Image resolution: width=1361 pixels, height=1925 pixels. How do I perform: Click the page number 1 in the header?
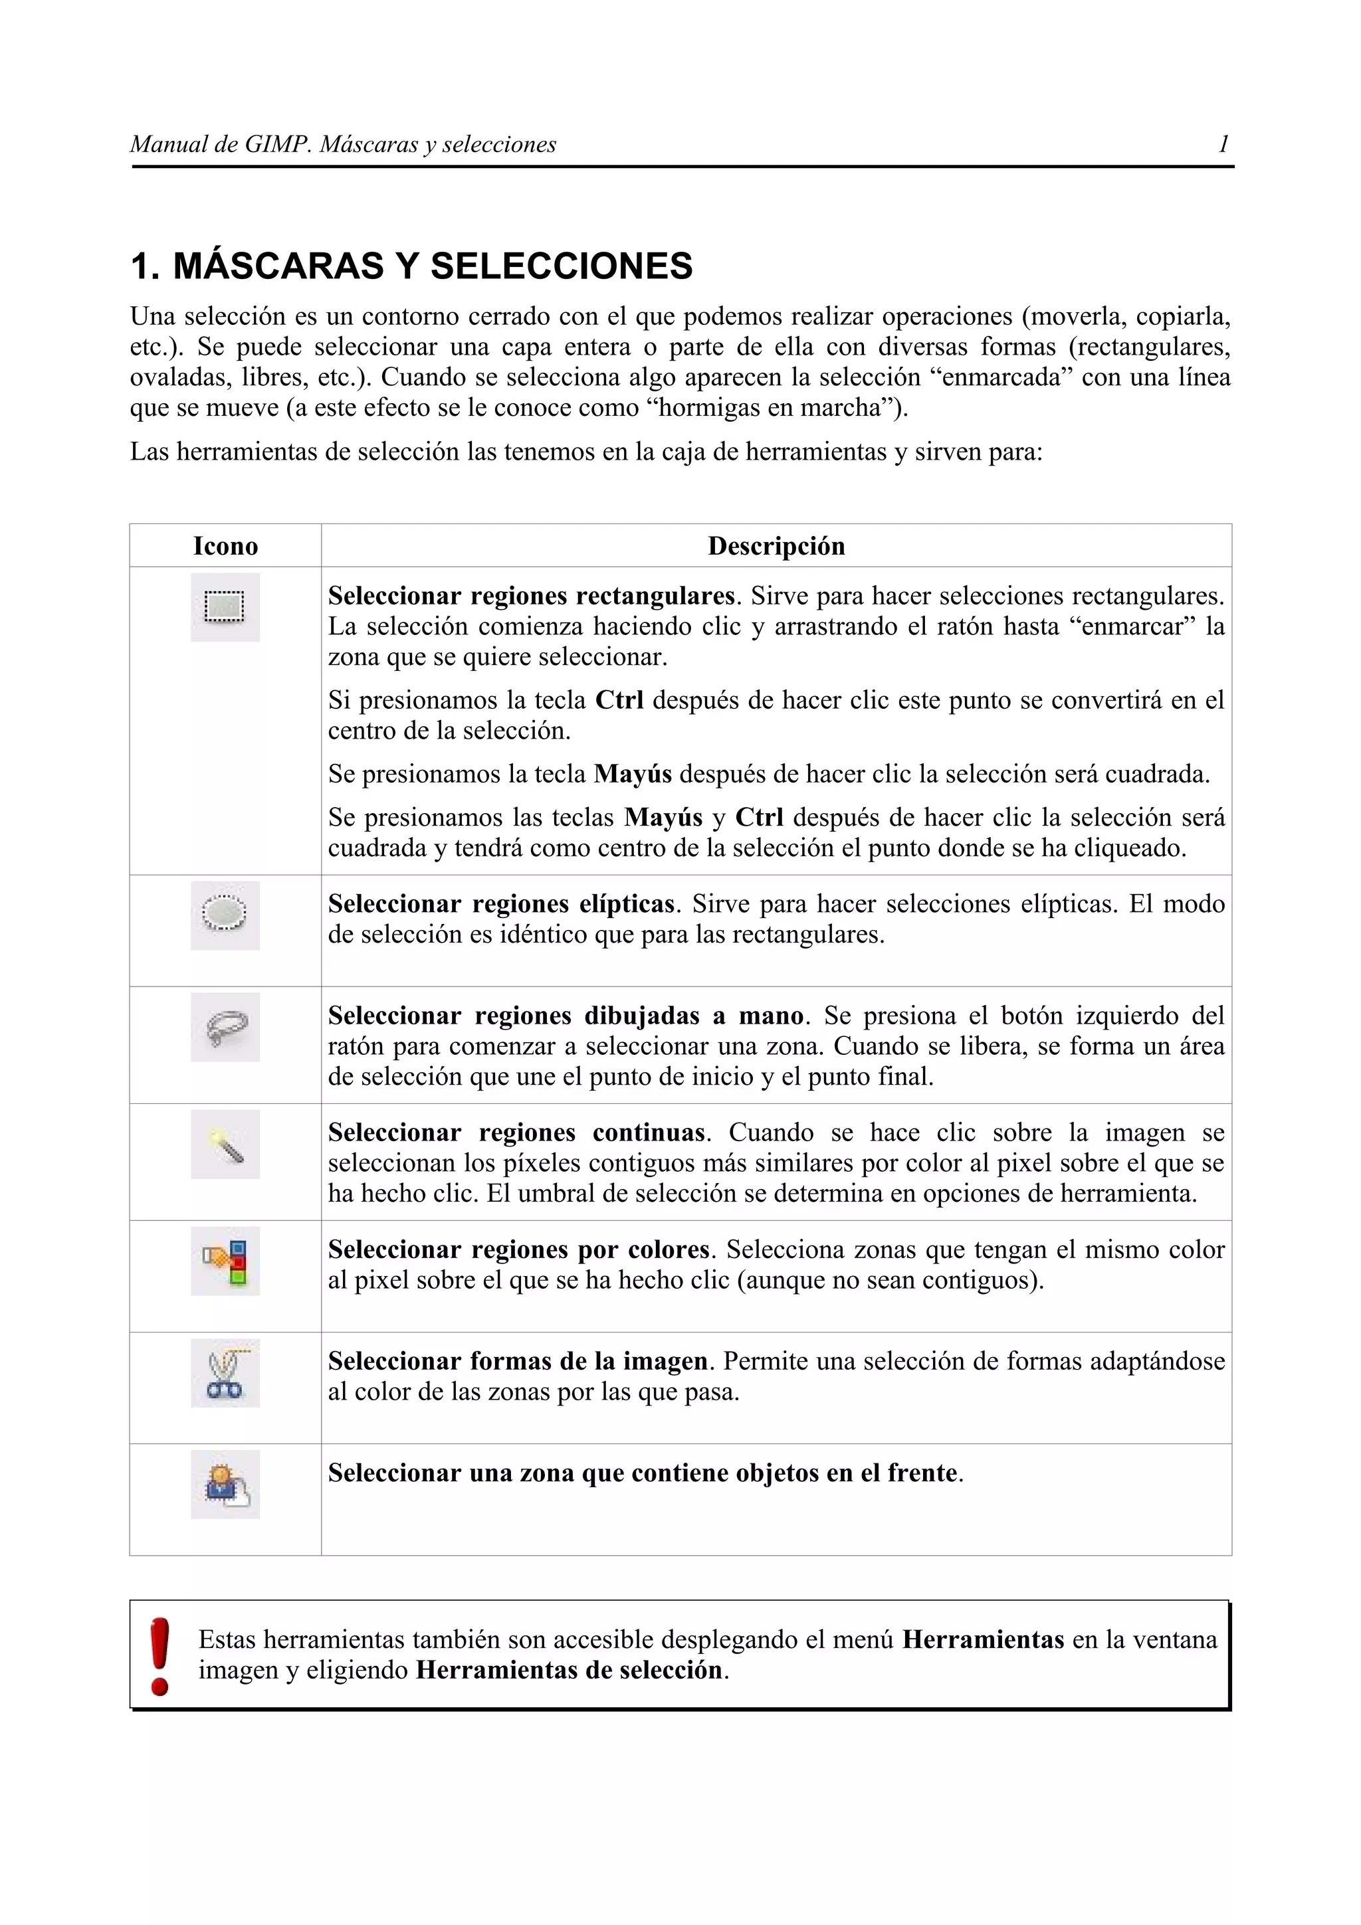[x=1223, y=144]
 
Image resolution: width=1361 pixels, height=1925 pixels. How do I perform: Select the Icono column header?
[x=225, y=547]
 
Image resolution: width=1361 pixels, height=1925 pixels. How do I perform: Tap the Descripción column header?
[x=776, y=547]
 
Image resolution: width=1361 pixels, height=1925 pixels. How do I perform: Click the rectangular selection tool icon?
[x=225, y=607]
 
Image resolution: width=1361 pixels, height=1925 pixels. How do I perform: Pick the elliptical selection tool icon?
[x=225, y=915]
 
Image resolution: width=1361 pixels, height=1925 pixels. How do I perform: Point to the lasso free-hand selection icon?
[x=225, y=1027]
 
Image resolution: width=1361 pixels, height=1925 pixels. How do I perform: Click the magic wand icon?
[x=225, y=1145]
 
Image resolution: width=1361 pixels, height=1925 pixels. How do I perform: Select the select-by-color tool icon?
[x=225, y=1261]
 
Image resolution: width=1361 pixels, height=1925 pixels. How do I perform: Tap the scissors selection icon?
[x=225, y=1372]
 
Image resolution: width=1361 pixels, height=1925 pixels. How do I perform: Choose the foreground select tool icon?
[x=225, y=1485]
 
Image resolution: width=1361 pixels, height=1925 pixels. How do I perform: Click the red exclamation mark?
[x=159, y=1656]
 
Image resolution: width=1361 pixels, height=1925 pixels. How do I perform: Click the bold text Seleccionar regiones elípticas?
[x=500, y=904]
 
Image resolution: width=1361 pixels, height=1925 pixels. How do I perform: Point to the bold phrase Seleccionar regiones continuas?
[x=516, y=1133]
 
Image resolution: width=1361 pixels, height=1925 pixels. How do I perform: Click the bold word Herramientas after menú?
[x=983, y=1640]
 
